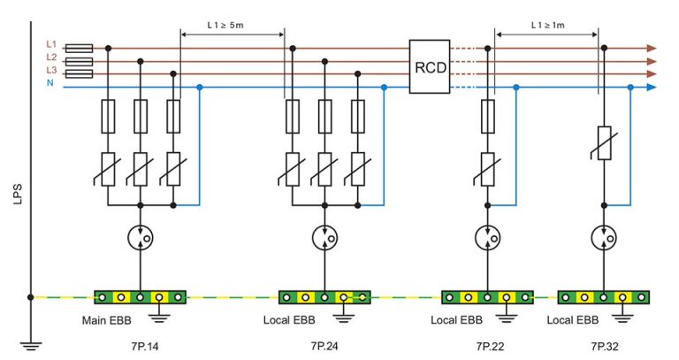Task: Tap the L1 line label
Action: click(x=50, y=42)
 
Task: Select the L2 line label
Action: click(x=50, y=57)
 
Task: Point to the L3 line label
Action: click(x=50, y=71)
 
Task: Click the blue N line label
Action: click(x=50, y=84)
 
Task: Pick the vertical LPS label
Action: click(x=19, y=194)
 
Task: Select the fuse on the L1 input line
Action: click(x=80, y=48)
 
